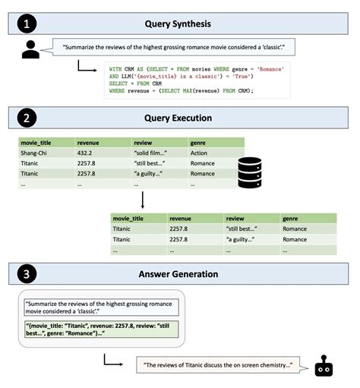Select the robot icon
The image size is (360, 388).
[324, 366]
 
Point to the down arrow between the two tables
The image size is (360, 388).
[142, 200]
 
